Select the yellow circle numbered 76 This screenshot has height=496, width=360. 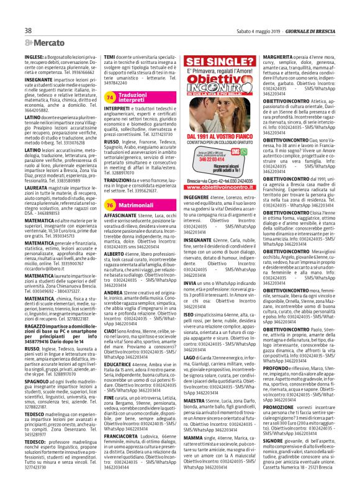tap(110, 169)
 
